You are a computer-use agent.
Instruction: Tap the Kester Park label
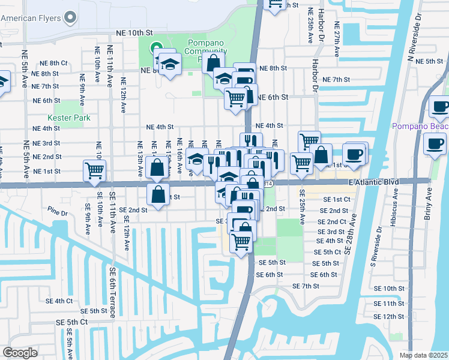pos(69,118)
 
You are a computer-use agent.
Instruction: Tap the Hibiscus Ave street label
pos(396,212)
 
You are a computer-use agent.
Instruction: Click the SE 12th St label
pos(393,316)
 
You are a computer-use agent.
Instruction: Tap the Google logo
pos(20,353)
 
